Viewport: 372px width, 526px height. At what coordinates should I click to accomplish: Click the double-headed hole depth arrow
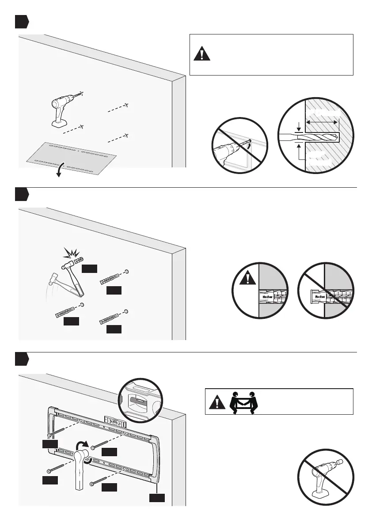pyautogui.click(x=323, y=121)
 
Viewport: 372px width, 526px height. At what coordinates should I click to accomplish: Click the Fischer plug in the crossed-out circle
pyautogui.click(x=323, y=297)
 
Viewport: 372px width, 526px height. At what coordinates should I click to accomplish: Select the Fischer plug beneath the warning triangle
pyautogui.click(x=269, y=297)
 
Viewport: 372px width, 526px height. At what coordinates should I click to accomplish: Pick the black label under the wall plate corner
pyautogui.click(x=157, y=498)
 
